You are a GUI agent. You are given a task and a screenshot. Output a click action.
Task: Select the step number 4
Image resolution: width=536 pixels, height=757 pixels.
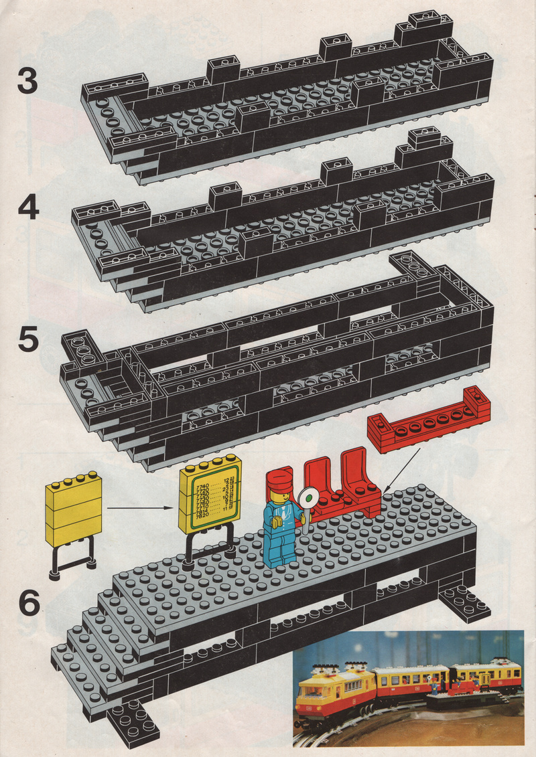click(28, 209)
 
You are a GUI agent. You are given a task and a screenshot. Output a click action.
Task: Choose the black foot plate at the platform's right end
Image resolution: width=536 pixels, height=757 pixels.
click(464, 603)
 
